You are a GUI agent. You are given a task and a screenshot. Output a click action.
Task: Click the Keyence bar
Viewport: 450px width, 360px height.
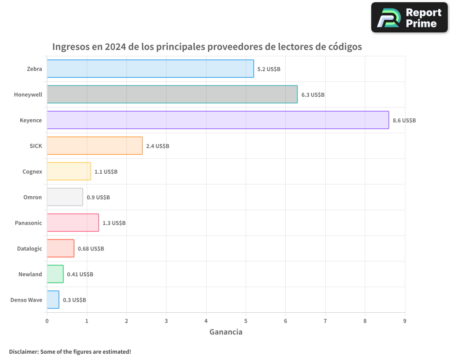(218, 120)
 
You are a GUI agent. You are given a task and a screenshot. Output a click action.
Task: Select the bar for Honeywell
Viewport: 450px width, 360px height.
(172, 94)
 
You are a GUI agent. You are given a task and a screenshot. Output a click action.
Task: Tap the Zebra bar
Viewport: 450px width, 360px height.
(150, 69)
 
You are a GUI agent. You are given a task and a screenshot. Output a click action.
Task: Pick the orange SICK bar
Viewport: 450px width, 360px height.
(94, 146)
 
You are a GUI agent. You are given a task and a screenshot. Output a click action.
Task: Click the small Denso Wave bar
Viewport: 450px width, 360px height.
(53, 300)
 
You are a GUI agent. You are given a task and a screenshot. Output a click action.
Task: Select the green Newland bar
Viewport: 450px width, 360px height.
(55, 274)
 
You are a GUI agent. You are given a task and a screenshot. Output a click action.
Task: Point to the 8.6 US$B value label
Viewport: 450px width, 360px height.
(404, 121)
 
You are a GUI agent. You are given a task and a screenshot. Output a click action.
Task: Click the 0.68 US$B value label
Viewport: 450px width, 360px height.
(90, 249)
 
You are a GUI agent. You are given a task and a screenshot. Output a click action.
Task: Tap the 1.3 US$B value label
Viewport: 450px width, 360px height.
(114, 223)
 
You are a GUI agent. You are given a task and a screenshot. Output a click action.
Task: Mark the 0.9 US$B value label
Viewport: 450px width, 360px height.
(98, 198)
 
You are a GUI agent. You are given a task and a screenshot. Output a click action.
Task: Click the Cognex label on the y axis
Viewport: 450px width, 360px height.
(32, 172)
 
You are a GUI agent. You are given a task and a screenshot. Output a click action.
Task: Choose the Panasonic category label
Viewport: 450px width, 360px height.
(28, 223)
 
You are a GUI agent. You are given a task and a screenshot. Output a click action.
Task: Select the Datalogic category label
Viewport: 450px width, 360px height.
(29, 249)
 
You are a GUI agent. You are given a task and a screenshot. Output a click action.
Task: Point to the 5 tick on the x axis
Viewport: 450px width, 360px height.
(246, 321)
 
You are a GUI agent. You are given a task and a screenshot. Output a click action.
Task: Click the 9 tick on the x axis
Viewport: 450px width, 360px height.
(405, 321)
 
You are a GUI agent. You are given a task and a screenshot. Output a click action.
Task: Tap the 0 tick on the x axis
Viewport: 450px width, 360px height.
(47, 321)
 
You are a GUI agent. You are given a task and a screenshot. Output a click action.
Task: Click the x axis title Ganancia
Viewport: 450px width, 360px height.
(226, 332)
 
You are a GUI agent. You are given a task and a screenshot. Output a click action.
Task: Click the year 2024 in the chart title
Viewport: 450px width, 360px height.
(115, 47)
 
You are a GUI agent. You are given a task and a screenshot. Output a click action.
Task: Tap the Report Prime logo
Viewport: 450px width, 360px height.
(409, 18)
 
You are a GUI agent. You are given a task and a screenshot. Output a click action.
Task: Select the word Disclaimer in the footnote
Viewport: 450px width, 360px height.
(23, 351)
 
